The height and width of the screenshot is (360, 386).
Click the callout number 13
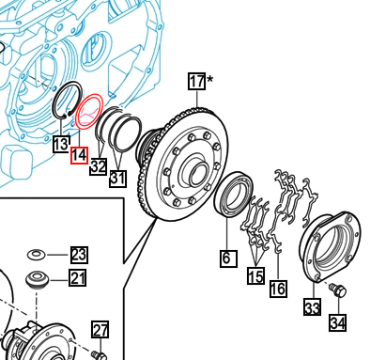tap(61, 145)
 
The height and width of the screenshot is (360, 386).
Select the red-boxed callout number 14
tap(79, 155)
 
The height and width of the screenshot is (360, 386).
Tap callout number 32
tap(99, 166)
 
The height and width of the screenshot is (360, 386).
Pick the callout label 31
tap(117, 179)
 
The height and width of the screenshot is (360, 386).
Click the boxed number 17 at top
tap(197, 81)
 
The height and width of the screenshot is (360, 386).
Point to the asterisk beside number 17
tap(209, 79)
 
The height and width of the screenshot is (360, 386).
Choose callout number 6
tap(228, 258)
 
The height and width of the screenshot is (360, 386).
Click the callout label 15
tap(255, 275)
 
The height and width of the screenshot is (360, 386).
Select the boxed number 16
tap(278, 289)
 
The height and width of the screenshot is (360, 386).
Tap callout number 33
tap(312, 306)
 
